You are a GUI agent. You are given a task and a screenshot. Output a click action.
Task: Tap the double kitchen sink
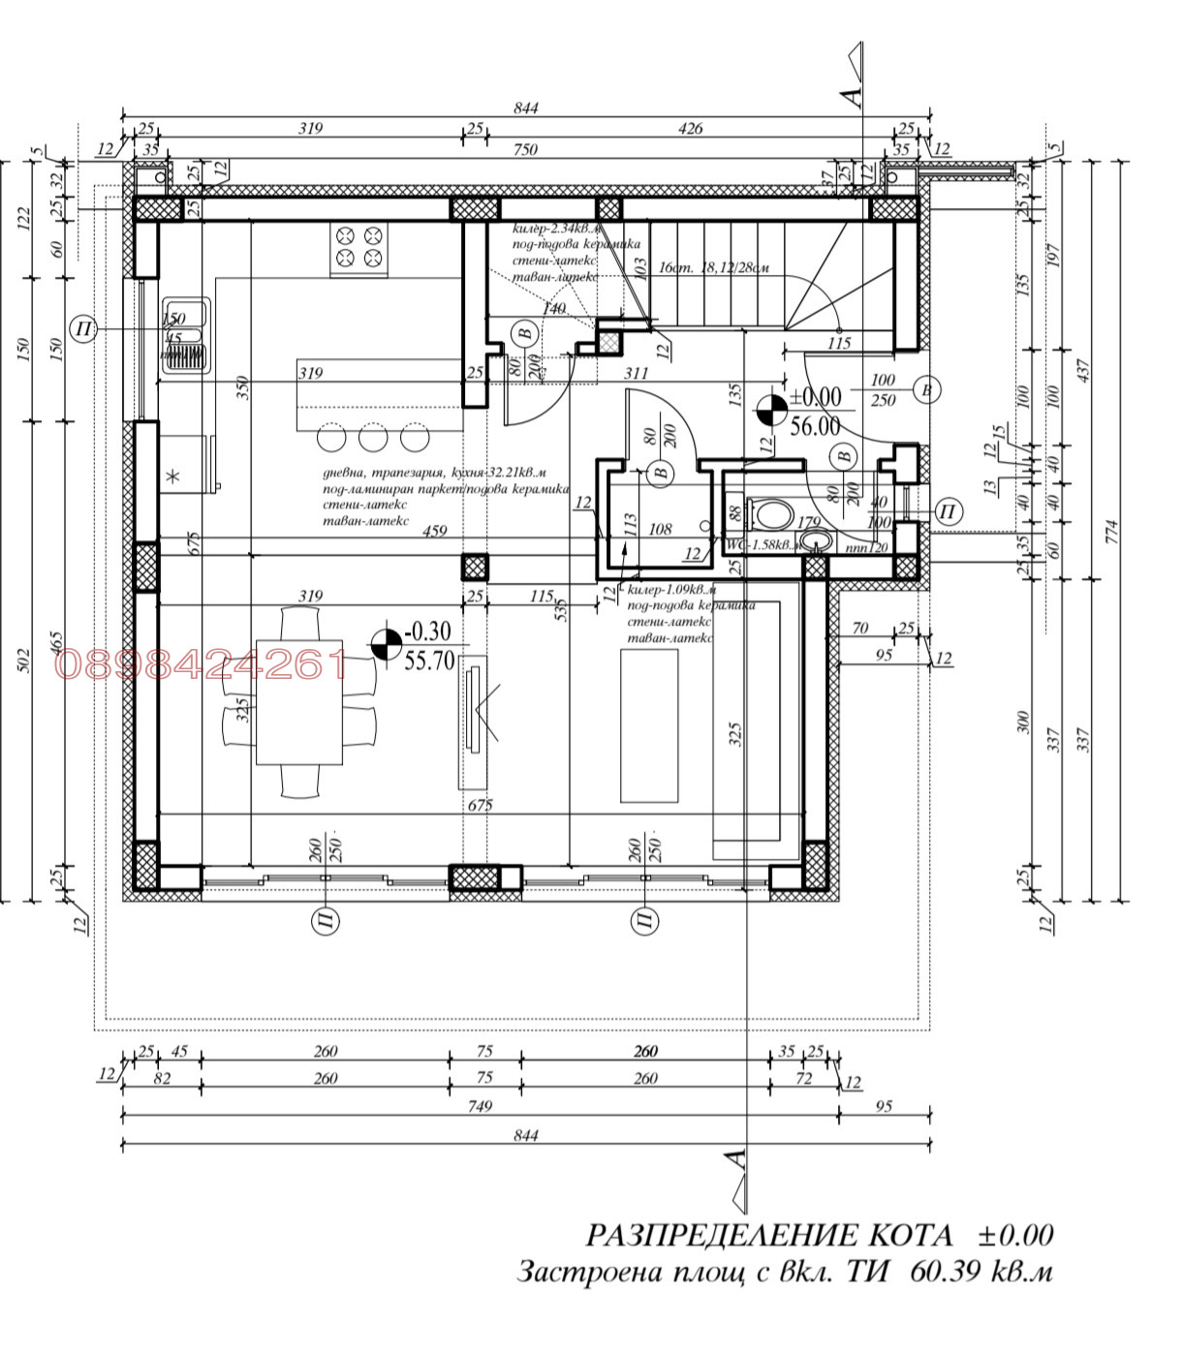point(184,335)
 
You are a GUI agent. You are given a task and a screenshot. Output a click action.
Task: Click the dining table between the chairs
point(299,701)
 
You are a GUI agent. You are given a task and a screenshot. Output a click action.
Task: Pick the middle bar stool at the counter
point(373,438)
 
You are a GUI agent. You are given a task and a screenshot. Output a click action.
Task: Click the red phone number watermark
point(202,664)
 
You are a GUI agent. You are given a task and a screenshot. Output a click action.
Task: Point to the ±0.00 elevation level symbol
point(771,411)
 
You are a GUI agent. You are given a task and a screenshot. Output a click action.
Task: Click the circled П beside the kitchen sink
point(84,329)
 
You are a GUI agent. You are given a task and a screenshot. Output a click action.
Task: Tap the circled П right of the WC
point(949,511)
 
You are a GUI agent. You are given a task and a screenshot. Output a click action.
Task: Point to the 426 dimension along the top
point(690,128)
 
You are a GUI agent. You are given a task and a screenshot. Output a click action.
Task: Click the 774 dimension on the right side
point(1111,531)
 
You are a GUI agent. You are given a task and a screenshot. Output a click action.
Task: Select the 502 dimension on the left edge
point(25,659)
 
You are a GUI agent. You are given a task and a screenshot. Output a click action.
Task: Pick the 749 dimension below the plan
point(480,1106)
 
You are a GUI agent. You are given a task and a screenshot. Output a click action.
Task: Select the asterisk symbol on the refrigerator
point(173,476)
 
